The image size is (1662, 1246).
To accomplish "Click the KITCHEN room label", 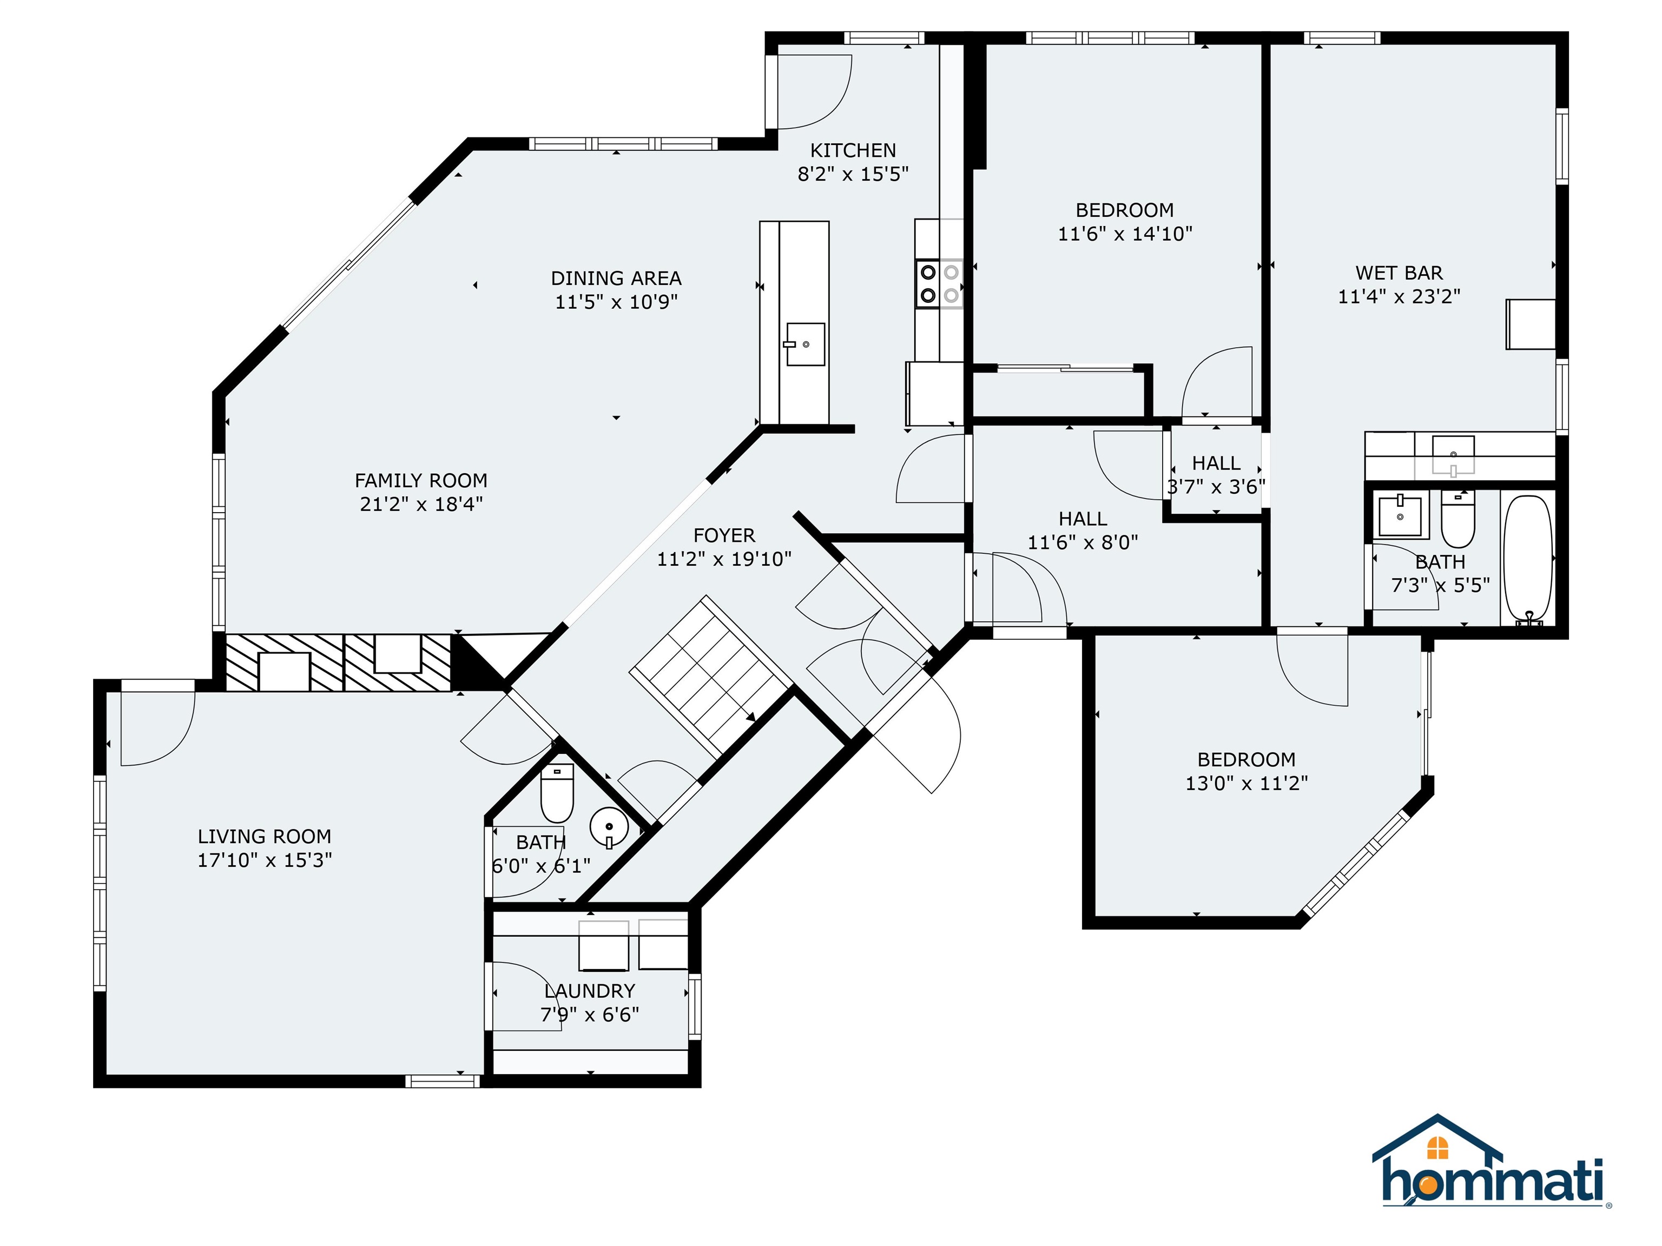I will point(853,150).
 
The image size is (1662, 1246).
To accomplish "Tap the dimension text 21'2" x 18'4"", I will point(421,504).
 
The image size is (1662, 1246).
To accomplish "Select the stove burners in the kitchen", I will point(939,284).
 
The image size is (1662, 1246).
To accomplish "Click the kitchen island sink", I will point(806,344).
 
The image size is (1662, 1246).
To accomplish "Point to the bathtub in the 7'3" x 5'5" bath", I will point(1527,560).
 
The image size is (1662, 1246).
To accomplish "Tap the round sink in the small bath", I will point(609,826).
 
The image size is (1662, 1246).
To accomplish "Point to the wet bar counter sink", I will point(1453,455).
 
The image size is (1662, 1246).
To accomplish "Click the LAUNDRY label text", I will point(590,991).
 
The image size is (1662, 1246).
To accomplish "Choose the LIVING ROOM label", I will point(265,837).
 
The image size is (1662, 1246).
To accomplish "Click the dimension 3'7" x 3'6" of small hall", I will point(1216,487).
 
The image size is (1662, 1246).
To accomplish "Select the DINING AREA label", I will point(616,279).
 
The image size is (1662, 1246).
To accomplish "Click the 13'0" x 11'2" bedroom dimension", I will point(1246,784).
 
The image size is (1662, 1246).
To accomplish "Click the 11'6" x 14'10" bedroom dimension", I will point(1125,234).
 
